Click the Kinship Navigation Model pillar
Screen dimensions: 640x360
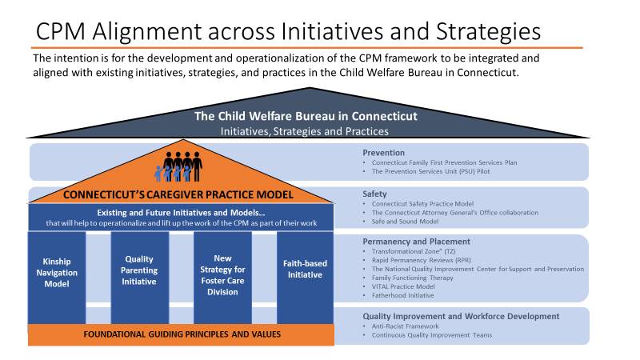[57, 278]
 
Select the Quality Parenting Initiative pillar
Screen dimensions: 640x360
[139, 278]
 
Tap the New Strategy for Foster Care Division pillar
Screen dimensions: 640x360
[222, 278]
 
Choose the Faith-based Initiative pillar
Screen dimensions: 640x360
[306, 278]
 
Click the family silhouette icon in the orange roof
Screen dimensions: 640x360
[178, 166]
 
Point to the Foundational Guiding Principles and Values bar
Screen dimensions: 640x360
[182, 334]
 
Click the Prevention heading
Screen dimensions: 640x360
[384, 153]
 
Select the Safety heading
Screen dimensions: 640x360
[374, 194]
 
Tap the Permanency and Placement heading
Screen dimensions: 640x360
[416, 242]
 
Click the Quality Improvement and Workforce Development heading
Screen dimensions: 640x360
[462, 316]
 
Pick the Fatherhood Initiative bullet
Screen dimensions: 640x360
[402, 295]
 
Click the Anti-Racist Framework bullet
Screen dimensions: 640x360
[405, 326]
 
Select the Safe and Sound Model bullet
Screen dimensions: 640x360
[405, 222]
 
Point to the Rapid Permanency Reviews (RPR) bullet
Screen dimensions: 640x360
[422, 260]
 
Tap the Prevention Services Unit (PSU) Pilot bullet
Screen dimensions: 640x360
[430, 171]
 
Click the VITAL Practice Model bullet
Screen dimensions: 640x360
[403, 286]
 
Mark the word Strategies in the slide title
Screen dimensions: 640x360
[488, 32]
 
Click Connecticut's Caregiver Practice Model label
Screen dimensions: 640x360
[178, 194]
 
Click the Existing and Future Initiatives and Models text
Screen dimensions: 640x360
[181, 213]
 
